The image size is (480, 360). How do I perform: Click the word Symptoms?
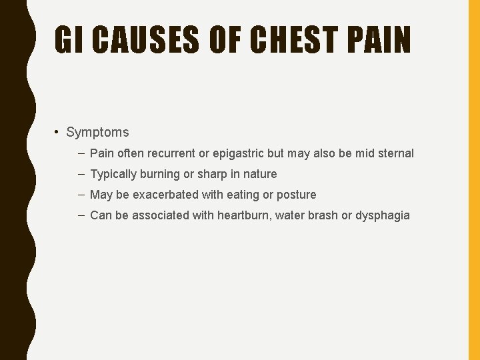tap(97, 133)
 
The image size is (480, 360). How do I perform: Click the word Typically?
tap(113, 174)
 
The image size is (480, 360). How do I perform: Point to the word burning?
tap(160, 174)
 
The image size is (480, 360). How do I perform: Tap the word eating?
tap(243, 195)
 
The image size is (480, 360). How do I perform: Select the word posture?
tap(296, 195)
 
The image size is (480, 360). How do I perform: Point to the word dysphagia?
tap(383, 215)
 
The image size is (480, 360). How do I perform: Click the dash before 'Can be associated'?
tap(80, 215)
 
